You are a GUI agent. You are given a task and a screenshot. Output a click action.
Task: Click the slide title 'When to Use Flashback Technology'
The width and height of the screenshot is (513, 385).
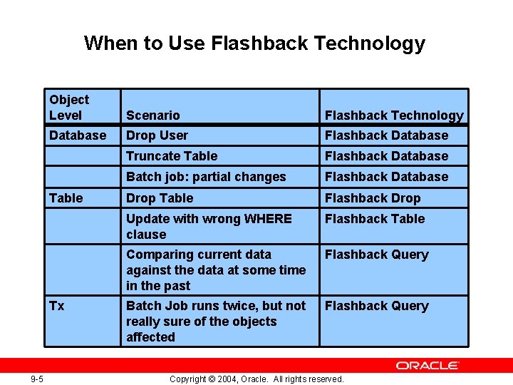coord(254,43)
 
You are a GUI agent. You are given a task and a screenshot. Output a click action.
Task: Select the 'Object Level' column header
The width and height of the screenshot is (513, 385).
coord(69,108)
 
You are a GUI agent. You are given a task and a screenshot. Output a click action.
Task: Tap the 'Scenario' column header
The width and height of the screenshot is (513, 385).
coord(153,115)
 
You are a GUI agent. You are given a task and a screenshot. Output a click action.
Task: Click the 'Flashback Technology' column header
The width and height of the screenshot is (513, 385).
coord(394,115)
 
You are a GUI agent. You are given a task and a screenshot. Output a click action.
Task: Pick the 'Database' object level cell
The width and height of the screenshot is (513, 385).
coord(78,135)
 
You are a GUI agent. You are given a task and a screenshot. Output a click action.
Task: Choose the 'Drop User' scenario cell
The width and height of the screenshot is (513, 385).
coord(157,135)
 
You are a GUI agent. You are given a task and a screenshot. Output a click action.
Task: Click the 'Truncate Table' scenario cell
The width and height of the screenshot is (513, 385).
coord(172,156)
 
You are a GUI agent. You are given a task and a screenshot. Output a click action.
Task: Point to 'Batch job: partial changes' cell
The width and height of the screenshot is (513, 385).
coord(206,177)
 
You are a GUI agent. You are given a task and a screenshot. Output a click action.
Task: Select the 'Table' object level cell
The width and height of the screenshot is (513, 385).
coord(66,198)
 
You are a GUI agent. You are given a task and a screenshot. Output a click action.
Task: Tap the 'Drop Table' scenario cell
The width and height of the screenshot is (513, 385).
coord(160,198)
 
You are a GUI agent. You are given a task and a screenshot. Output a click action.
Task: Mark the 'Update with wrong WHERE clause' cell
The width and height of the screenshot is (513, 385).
coord(209,227)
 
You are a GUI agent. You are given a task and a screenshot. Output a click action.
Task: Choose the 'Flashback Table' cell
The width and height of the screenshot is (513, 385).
coord(375,219)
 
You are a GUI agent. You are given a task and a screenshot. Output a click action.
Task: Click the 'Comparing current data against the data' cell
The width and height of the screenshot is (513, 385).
coord(216,270)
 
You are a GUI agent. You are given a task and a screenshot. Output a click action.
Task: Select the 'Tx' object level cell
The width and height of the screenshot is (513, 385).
coord(57,306)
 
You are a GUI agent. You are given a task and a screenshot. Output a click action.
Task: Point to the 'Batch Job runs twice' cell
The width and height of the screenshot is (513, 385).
coord(216,322)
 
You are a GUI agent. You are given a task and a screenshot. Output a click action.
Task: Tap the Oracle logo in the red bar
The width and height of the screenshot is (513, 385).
coord(427,365)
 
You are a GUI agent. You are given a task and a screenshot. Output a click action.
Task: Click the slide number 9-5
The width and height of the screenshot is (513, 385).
coord(36,379)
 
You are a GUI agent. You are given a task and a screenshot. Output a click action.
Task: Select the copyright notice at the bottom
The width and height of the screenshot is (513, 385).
coord(256,379)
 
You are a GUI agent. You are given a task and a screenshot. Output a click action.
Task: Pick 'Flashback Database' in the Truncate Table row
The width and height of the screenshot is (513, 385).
coord(387,156)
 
